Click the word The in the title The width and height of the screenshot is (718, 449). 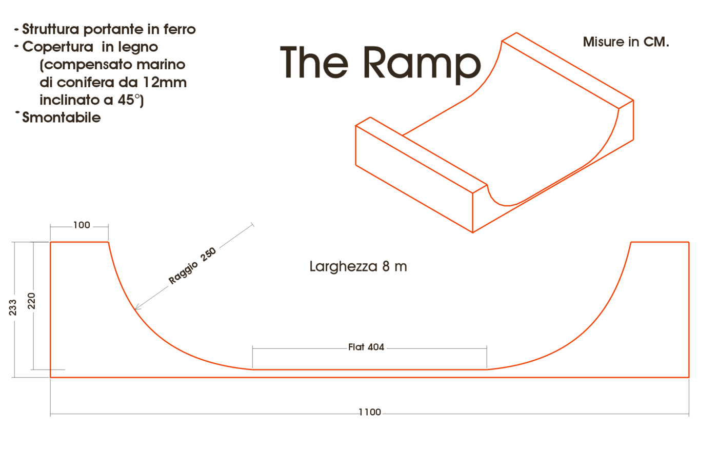pyautogui.click(x=314, y=62)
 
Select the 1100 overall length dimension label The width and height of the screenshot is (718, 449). pyautogui.click(x=370, y=412)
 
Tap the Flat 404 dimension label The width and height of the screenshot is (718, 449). pyautogui.click(x=366, y=347)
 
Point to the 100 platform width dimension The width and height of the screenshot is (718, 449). pyautogui.click(x=82, y=225)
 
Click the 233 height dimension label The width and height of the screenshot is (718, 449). pyautogui.click(x=12, y=307)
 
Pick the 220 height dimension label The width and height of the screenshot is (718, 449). pyautogui.click(x=31, y=301)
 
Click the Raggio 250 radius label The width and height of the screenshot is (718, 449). pyautogui.click(x=192, y=266)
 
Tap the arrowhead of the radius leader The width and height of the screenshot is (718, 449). pyautogui.click(x=136, y=308)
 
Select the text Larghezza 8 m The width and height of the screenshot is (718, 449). pyautogui.click(x=358, y=266)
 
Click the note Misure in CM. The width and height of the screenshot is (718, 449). pyautogui.click(x=626, y=42)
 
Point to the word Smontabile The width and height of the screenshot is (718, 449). pyautogui.click(x=61, y=118)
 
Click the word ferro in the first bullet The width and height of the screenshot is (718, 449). pyautogui.click(x=180, y=29)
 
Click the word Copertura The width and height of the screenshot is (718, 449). pyautogui.click(x=57, y=47)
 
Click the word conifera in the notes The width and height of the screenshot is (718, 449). pyautogui.click(x=89, y=83)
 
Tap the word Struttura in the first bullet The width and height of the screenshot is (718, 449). pyautogui.click(x=51, y=29)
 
